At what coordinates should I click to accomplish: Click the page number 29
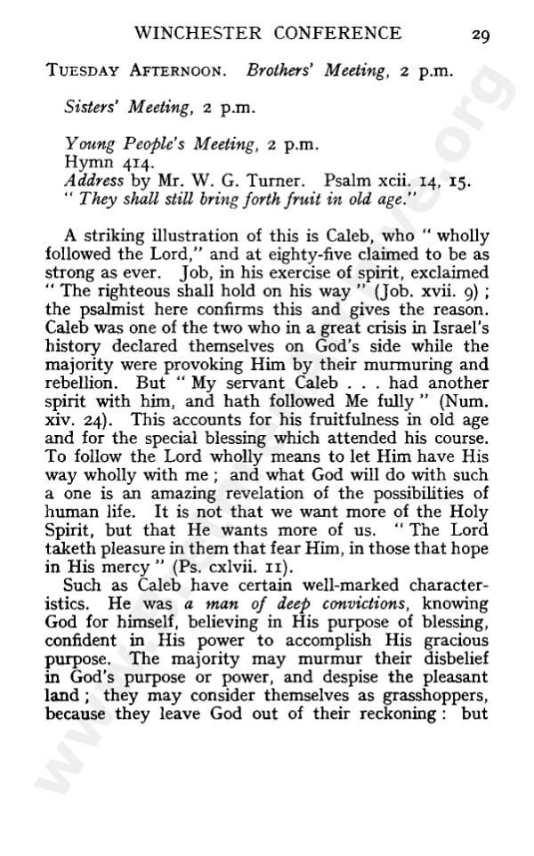[x=481, y=35]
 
